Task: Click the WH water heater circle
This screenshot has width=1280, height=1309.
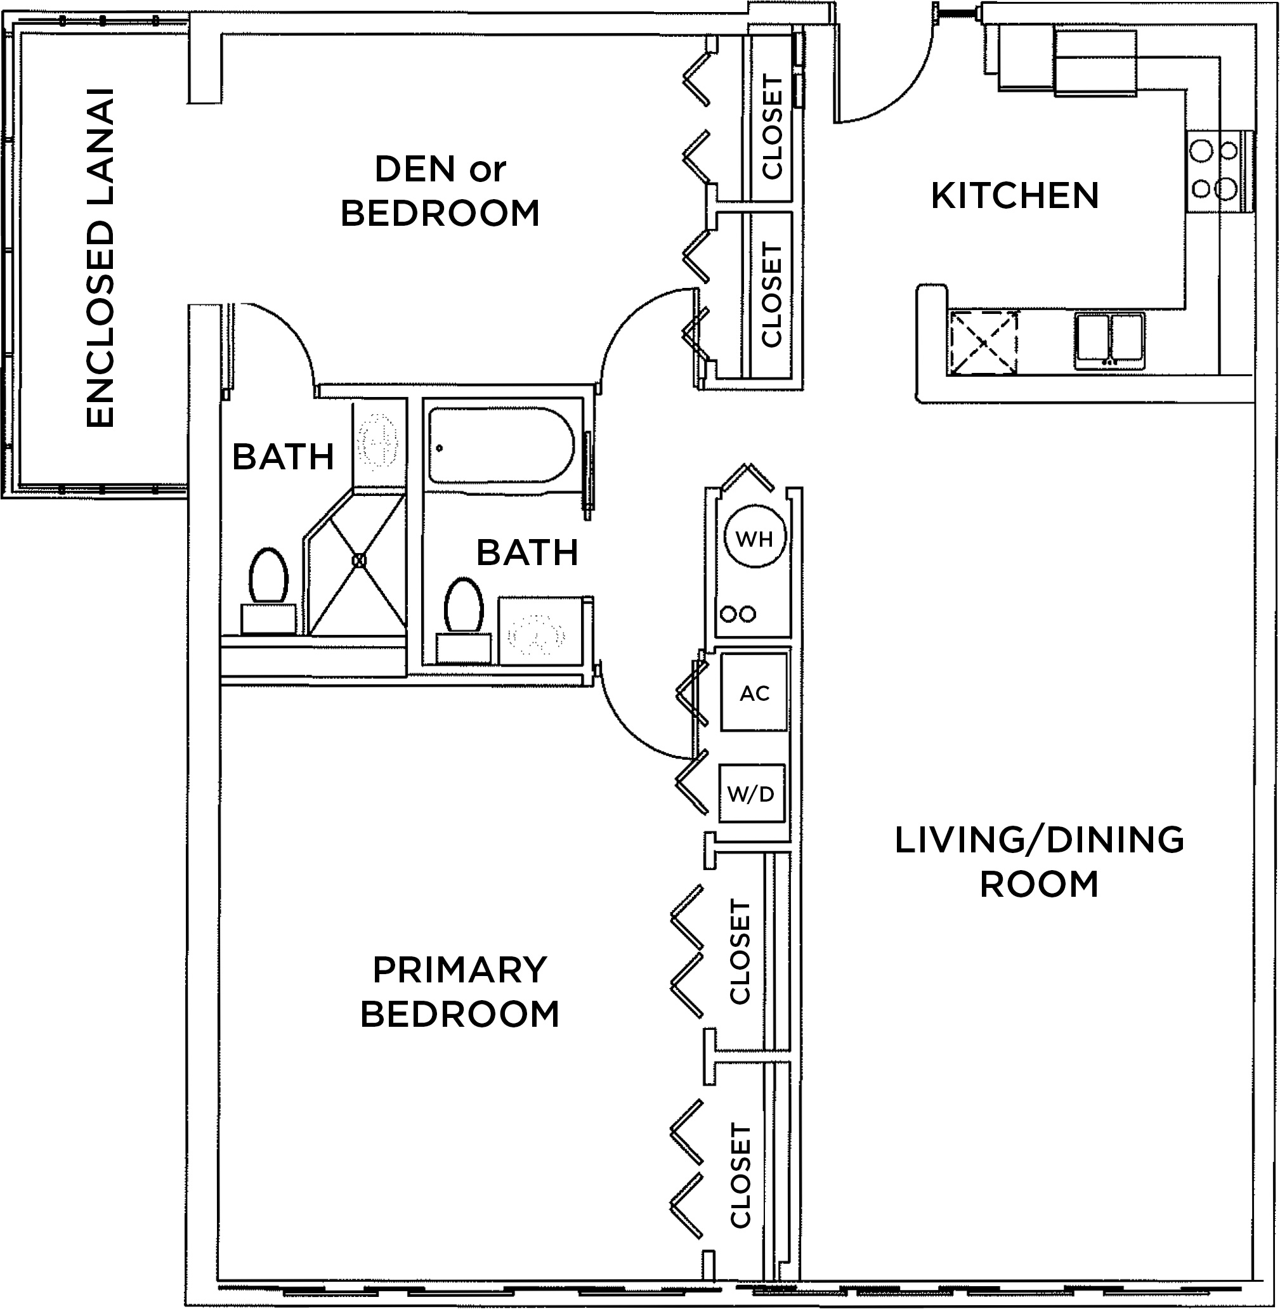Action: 755,538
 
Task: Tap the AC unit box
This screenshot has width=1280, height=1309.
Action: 754,693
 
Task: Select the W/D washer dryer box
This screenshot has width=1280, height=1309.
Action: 751,794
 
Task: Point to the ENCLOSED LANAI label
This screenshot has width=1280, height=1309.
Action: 100,258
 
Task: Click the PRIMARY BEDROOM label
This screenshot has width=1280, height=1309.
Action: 460,992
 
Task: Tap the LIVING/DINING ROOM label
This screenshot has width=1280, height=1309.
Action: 1039,862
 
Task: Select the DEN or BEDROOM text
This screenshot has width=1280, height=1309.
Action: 440,191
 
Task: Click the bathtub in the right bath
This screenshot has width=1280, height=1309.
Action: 501,445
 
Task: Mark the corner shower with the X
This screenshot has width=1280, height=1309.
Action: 359,560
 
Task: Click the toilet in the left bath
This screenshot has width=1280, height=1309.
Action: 268,577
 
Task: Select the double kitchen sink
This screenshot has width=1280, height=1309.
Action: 1109,339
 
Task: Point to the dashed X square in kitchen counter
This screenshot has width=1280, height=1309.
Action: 983,342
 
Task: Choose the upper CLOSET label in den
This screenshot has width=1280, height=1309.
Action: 772,126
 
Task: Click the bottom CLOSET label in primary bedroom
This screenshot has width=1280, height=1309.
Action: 740,1173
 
